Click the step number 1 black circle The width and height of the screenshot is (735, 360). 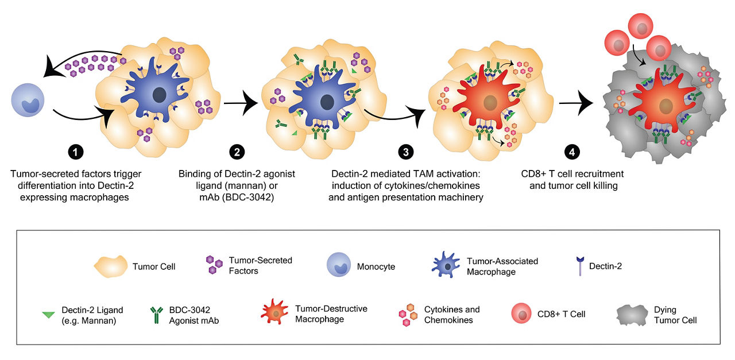[75, 152]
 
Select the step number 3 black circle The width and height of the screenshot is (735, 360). [405, 152]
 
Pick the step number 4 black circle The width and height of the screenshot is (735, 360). [571, 152]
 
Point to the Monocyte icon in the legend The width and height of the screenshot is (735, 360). [338, 266]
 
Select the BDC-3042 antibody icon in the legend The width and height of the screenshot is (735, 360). [156, 315]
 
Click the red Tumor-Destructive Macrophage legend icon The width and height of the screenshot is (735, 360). [276, 313]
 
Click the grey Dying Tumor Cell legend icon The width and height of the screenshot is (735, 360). [632, 314]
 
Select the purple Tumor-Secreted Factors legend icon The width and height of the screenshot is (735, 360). [214, 265]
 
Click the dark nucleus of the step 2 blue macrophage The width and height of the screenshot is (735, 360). [327, 102]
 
